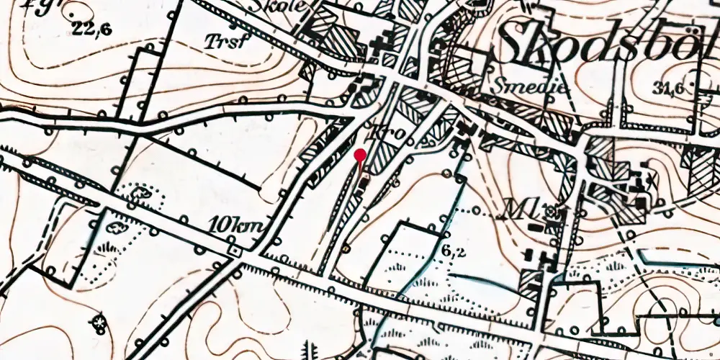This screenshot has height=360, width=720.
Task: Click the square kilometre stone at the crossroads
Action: (233, 251)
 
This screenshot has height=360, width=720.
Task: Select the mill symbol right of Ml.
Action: (552, 212)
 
